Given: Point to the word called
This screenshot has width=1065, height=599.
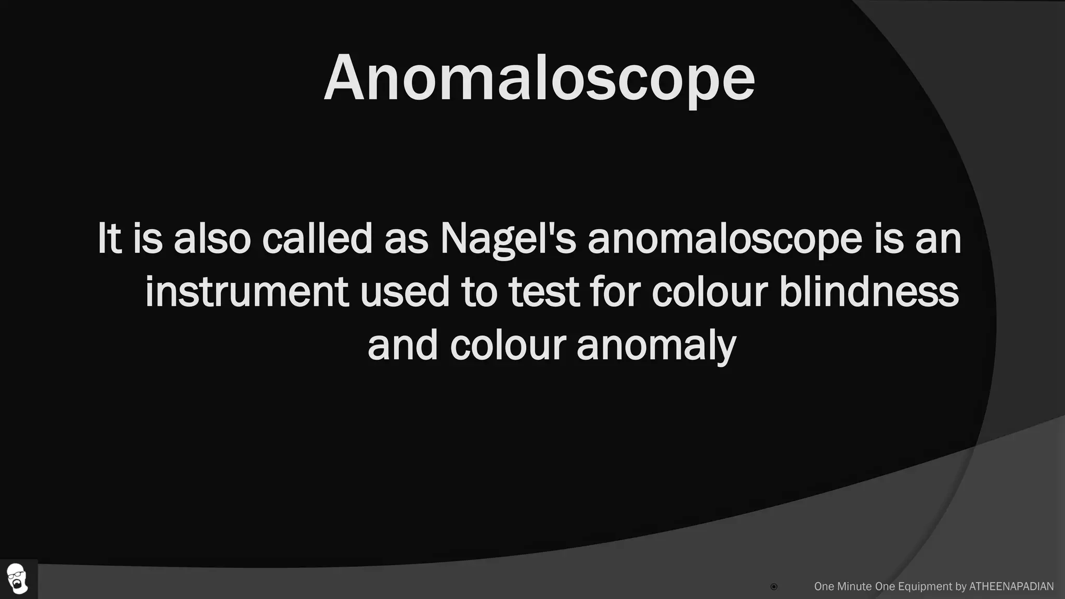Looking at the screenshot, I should click(x=317, y=239).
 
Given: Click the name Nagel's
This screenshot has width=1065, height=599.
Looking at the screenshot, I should click(x=508, y=240).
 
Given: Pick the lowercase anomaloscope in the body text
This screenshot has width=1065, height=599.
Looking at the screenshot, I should click(x=725, y=240).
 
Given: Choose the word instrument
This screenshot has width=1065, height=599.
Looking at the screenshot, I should click(x=246, y=292).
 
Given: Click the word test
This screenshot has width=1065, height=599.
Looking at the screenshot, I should click(x=544, y=292).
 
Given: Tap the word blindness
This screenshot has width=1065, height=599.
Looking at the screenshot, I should click(x=869, y=292).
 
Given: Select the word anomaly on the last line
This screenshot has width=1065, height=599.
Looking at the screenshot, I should click(x=656, y=346).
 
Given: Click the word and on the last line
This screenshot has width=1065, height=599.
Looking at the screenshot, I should click(x=402, y=345).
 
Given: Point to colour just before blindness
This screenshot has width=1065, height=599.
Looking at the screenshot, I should click(x=710, y=292).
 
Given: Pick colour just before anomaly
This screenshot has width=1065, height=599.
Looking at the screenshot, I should click(x=508, y=345).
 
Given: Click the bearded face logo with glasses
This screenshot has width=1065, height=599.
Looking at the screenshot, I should click(x=18, y=578).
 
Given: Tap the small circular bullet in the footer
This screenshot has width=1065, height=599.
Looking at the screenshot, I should click(x=774, y=587).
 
